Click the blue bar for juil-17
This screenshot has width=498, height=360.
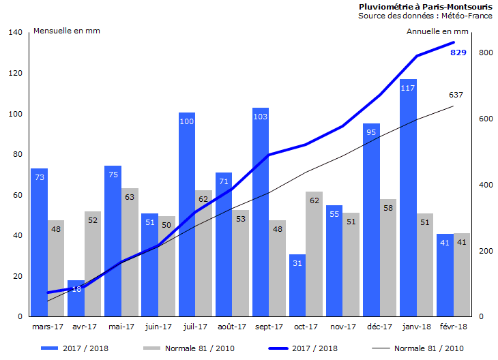187,218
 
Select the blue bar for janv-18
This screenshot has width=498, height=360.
408,205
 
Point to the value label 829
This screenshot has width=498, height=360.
458,52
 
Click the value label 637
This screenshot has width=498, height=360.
456,95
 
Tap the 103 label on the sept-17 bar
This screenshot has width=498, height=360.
261,117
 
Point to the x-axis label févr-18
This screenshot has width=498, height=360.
453,327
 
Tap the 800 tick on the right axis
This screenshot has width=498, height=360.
486,52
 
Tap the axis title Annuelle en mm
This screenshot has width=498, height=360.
437,31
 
